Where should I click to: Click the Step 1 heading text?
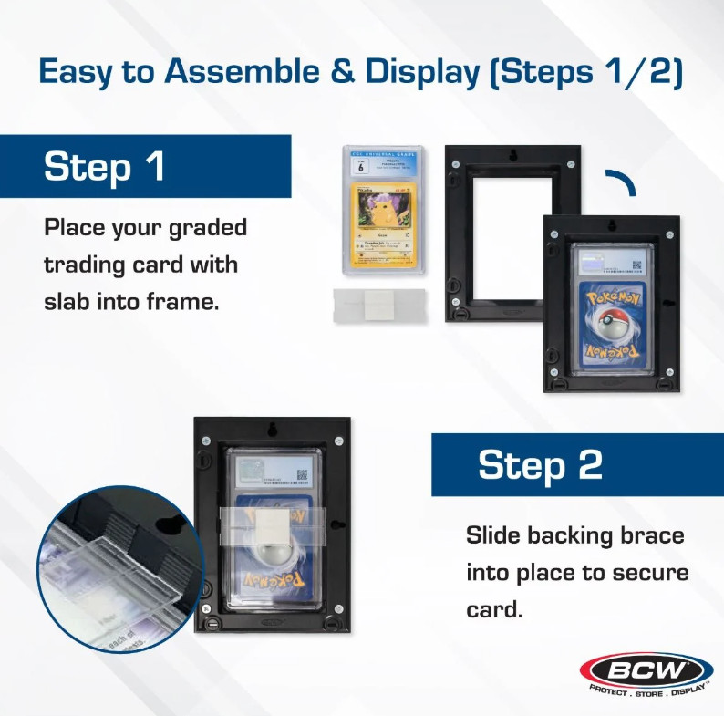(x=105, y=167)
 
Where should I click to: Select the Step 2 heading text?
(x=540, y=464)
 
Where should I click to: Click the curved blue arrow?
(x=622, y=183)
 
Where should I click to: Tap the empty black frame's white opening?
(x=512, y=241)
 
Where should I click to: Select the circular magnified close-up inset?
(x=118, y=569)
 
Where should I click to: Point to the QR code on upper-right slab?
(x=636, y=265)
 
